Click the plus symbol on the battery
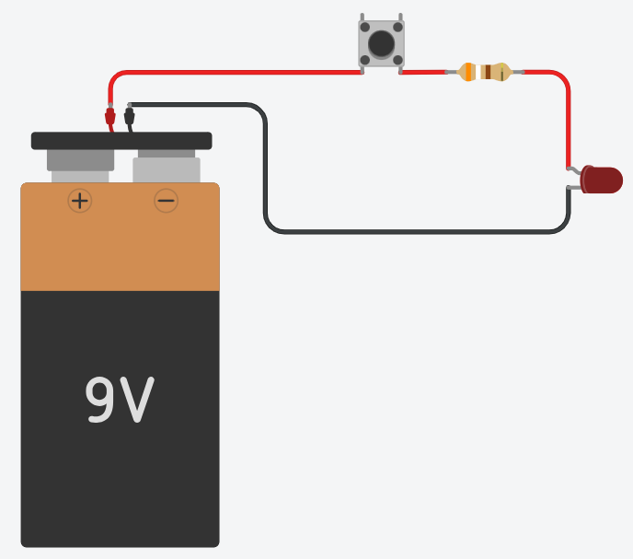point(80,201)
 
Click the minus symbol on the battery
point(166,201)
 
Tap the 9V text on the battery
point(120,400)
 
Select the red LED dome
point(602,180)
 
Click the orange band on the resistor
point(468,72)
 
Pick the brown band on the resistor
point(488,72)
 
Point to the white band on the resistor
point(478,72)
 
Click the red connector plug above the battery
point(109,117)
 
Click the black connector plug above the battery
point(129,117)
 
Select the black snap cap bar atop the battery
point(121,141)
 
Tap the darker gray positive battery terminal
point(80,160)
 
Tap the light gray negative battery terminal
point(167,169)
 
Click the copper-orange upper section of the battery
point(120,237)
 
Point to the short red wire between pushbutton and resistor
point(423,73)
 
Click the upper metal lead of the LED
point(574,170)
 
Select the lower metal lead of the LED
point(574,188)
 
